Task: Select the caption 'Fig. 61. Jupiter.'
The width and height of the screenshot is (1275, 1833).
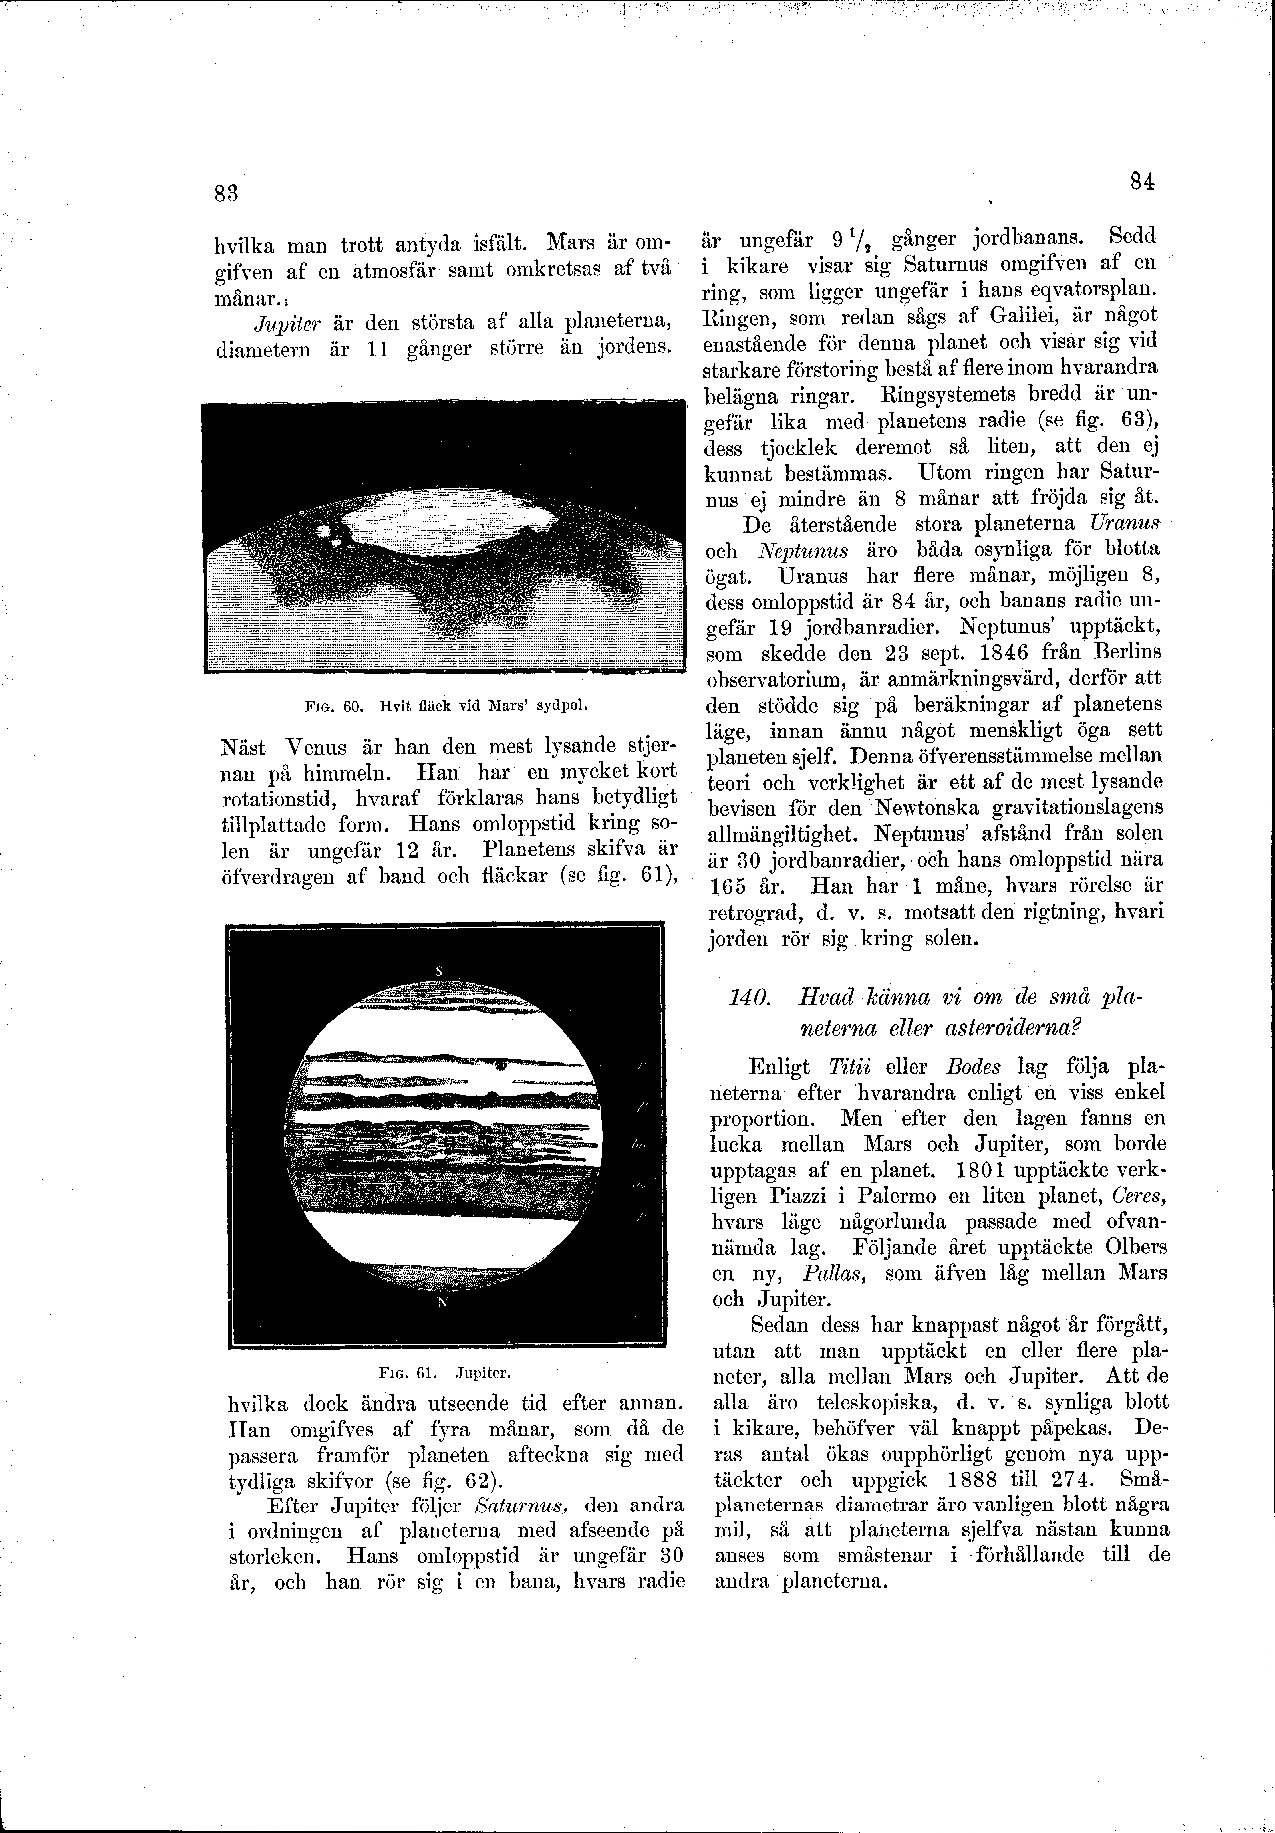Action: (x=444, y=1373)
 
